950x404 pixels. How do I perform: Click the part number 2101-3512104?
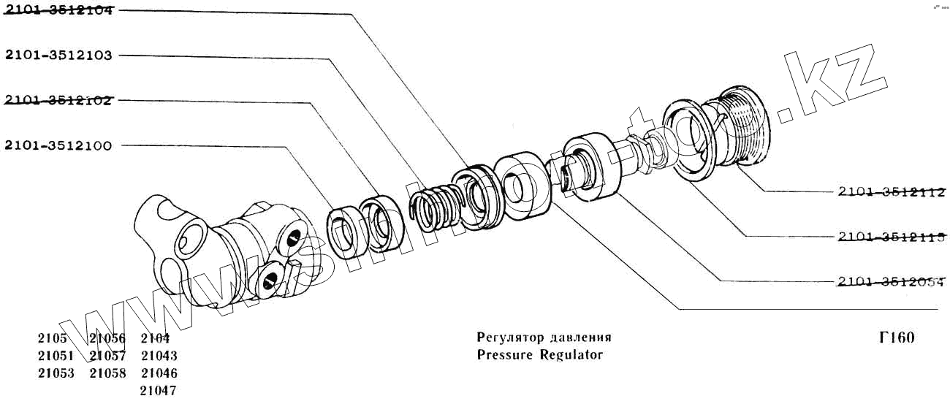pos(58,10)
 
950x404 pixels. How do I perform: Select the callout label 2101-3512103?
pos(58,56)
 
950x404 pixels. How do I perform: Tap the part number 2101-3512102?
pos(58,100)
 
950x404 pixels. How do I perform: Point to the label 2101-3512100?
pos(58,146)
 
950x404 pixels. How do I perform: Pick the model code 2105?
pos(53,338)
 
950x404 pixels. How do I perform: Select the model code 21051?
pos(56,356)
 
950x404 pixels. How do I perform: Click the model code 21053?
pos(56,373)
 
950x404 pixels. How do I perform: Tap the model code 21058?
pos(107,373)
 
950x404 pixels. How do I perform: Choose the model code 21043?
pos(159,356)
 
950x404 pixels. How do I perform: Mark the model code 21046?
pos(159,373)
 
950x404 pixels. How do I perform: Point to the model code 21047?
pos(159,391)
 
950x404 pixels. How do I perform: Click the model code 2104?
pos(155,338)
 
